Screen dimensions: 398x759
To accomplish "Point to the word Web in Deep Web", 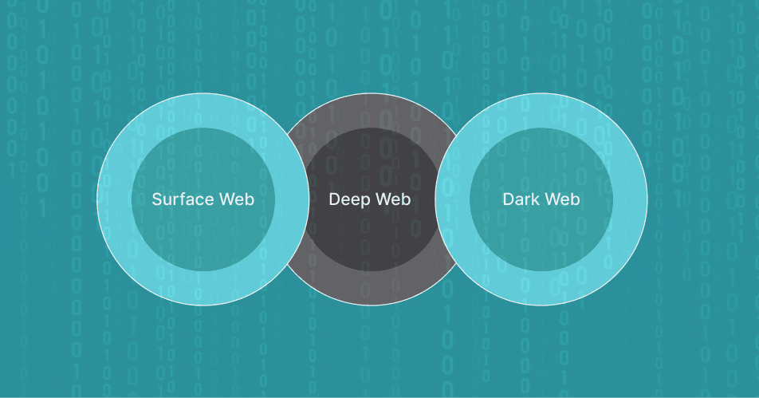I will pos(393,199).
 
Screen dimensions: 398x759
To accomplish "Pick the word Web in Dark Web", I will pos(562,199).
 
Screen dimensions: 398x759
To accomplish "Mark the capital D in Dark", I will pos(508,199).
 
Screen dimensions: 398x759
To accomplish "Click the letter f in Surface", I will pos(186,199).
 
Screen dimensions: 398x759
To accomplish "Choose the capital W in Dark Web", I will pos(552,199).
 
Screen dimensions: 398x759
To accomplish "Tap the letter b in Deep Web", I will pos(407,199).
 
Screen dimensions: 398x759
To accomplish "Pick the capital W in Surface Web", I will pos(225,199).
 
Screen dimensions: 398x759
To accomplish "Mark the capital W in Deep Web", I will pos(383,199).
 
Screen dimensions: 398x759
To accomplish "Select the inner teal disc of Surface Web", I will pos(203,239).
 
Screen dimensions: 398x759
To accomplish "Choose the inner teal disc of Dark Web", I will pos(541,239).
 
